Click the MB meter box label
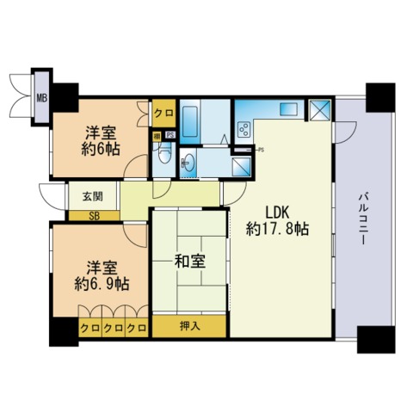(41, 98)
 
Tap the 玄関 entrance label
(93, 197)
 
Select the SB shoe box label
(94, 216)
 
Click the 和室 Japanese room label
(190, 262)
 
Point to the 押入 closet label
(189, 326)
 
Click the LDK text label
(277, 213)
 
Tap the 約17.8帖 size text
(277, 229)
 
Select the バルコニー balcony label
(363, 219)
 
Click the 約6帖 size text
(101, 149)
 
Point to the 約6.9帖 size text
(102, 284)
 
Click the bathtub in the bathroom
(190, 122)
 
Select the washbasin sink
(188, 163)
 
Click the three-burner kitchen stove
(244, 130)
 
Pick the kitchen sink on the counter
(288, 109)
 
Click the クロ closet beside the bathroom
(163, 113)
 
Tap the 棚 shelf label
(157, 136)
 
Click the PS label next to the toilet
(170, 135)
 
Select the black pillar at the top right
(380, 97)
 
